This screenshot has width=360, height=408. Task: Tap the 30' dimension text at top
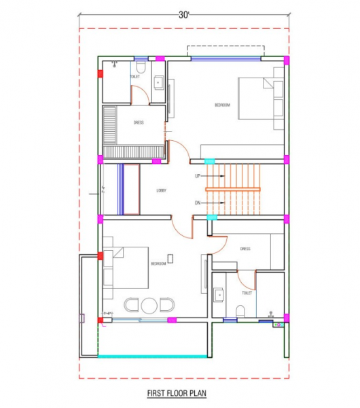coord(184,14)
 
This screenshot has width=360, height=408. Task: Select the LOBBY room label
coord(162,190)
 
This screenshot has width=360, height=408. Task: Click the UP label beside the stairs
coord(198,176)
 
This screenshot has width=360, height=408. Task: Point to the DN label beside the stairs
coord(198,203)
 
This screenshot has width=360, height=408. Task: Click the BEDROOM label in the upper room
coord(222,105)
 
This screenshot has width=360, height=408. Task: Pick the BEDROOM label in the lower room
coord(158,262)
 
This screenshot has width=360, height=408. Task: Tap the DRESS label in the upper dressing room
coord(138,123)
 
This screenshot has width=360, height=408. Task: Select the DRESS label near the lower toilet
coord(245,249)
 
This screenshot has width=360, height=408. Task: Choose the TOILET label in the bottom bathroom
coord(247,293)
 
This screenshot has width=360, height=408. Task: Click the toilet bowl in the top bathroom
coord(140,68)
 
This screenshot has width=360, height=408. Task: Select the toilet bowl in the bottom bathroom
coord(240,311)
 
